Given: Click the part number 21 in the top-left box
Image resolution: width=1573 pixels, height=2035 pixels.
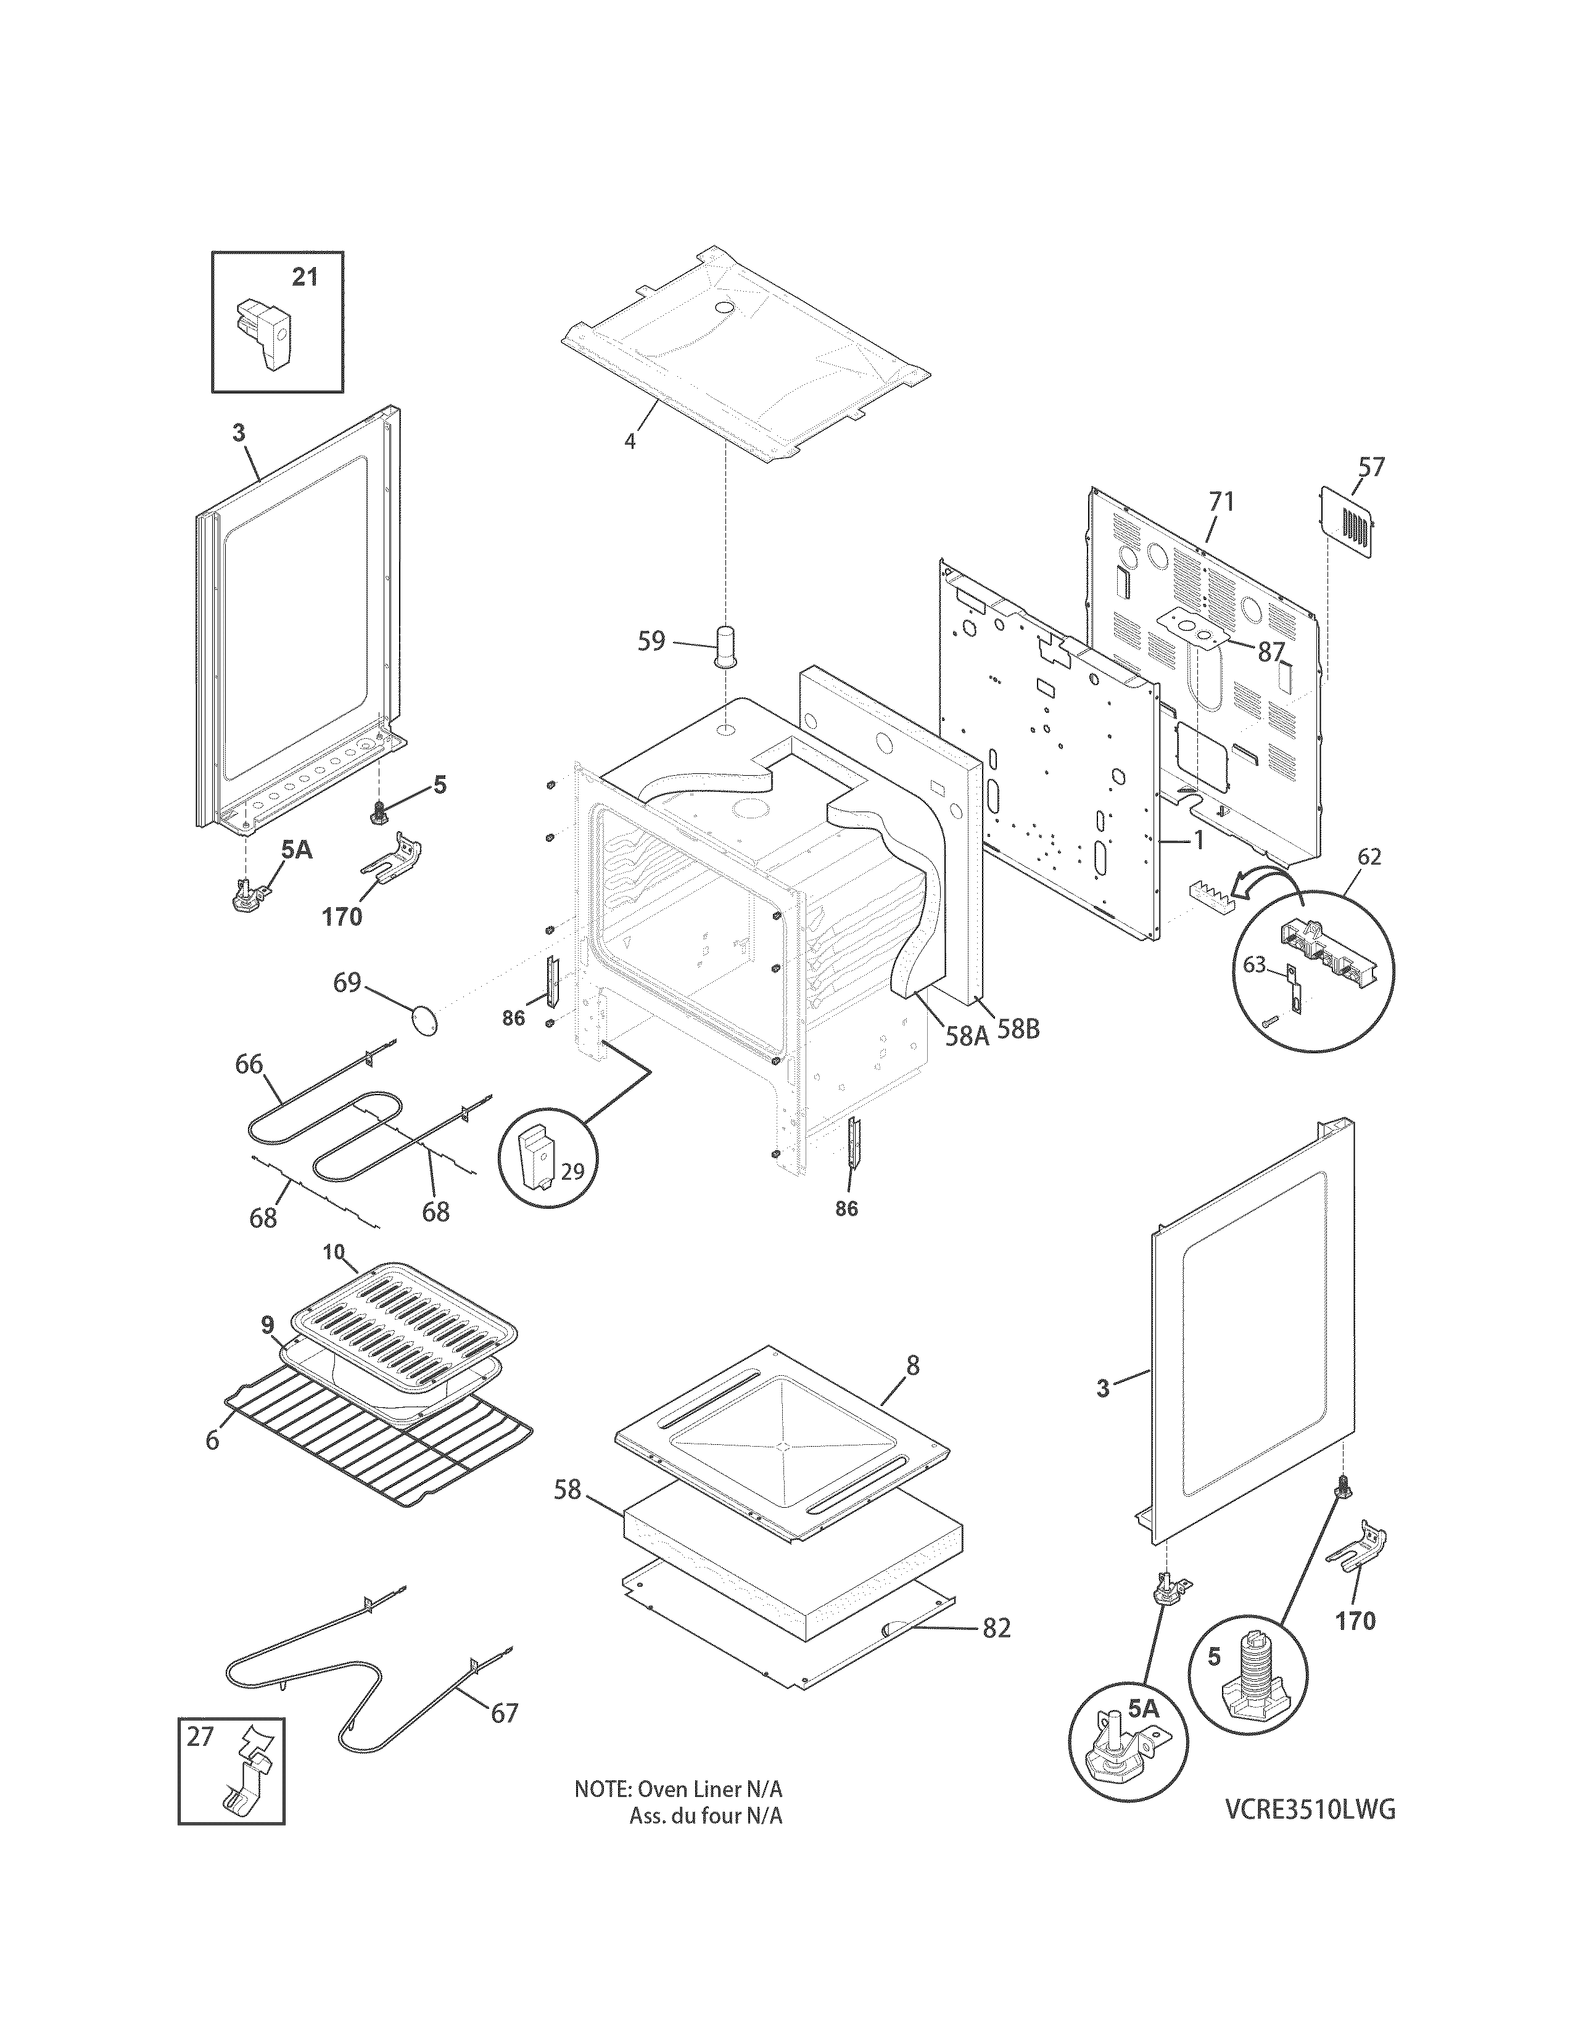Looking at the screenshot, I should (x=305, y=277).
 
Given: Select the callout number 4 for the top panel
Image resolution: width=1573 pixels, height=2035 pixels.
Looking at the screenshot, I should (x=630, y=442).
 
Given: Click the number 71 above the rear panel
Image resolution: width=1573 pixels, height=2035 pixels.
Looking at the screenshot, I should (x=1221, y=502).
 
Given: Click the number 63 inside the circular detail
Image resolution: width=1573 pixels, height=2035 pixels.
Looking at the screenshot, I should (x=1254, y=964).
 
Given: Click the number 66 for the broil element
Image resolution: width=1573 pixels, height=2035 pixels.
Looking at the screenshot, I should (x=249, y=1064).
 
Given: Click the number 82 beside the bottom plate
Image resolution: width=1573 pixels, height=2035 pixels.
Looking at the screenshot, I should (x=996, y=1628).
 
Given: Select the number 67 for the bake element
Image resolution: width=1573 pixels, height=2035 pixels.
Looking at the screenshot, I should (x=504, y=1712).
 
